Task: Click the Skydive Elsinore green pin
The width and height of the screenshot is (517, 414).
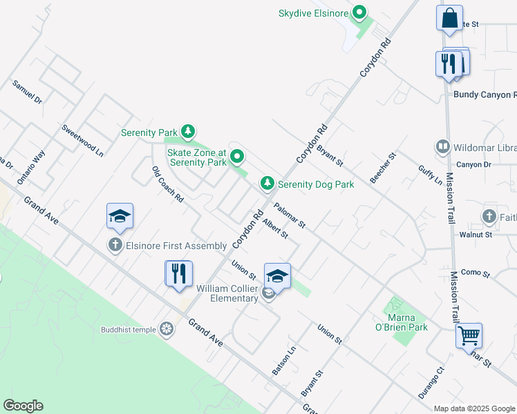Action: [359, 12]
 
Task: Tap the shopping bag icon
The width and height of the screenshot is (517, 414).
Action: [449, 18]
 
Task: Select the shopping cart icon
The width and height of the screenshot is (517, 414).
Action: [469, 336]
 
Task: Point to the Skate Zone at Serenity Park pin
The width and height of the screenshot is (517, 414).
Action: [237, 157]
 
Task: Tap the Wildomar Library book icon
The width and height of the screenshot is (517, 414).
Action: [442, 146]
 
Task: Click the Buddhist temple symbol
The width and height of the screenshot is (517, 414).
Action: [166, 329]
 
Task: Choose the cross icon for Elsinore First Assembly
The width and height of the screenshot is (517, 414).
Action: [115, 245]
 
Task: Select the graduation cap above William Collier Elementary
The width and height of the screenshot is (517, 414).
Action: [277, 276]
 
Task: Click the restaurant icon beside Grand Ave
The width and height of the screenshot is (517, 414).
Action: [178, 273]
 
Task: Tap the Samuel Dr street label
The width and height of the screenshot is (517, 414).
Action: [27, 92]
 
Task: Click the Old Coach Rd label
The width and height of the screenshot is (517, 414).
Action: [167, 184]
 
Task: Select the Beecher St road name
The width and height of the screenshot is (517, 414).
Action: [383, 168]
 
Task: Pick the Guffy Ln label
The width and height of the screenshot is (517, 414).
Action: [430, 175]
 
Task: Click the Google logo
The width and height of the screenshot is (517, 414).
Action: [23, 406]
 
